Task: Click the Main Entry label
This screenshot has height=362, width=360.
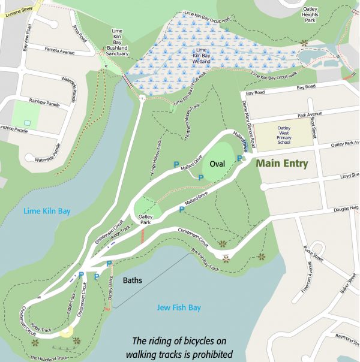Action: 282,164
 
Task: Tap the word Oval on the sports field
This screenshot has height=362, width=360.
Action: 217,162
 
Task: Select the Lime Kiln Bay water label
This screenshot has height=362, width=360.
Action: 47,211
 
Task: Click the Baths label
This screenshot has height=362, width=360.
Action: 133,280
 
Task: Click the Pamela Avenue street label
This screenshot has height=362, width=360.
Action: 59,52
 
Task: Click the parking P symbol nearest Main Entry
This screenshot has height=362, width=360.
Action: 239,158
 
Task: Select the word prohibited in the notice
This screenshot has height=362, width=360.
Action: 208,354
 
